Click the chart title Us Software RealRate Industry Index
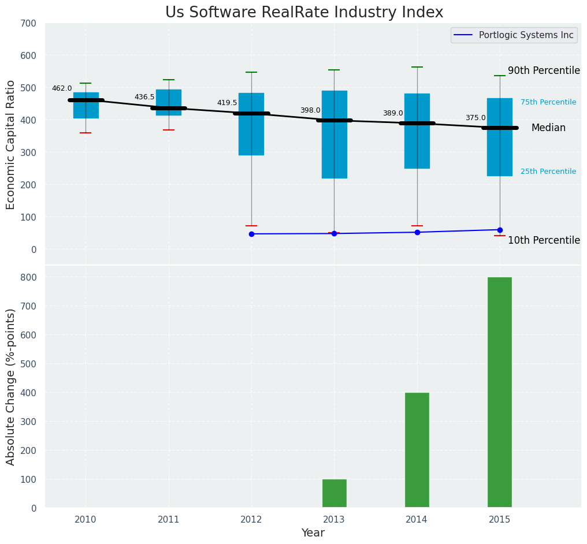(304, 13)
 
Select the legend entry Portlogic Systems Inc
(526, 35)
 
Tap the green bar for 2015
(499, 392)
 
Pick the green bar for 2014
(417, 450)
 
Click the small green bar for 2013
(334, 493)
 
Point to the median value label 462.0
(62, 89)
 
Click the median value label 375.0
(475, 118)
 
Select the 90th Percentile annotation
(544, 71)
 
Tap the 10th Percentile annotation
(544, 241)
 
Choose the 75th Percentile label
(548, 103)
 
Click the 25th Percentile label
(548, 172)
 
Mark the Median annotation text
(548, 128)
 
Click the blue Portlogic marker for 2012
(251, 234)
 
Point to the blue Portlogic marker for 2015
(500, 230)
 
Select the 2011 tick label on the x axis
(169, 520)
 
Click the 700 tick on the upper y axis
(28, 24)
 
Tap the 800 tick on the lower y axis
(28, 277)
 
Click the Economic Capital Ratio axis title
(11, 144)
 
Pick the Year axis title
(313, 533)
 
